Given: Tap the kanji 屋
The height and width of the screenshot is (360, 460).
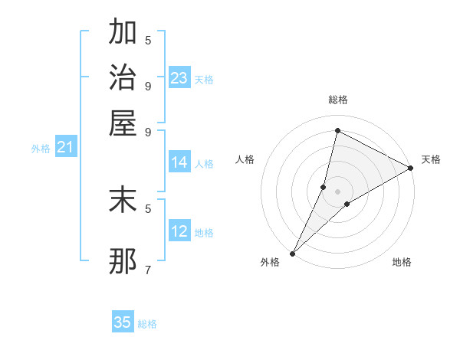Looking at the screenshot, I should pos(123,123).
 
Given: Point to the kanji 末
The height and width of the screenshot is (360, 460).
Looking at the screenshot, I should pos(123,199).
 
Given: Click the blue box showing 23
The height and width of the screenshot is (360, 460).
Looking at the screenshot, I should pos(179,78).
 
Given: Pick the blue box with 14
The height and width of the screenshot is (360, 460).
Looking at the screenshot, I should pos(179,162).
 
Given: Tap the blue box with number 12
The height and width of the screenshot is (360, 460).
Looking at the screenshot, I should pos(179,231).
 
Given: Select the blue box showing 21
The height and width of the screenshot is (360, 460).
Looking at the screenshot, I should pos(64,147).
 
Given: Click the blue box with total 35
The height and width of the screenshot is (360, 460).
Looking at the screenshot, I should pos(123,322).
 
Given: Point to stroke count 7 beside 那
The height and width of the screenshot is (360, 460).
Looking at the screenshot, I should pos(148,270).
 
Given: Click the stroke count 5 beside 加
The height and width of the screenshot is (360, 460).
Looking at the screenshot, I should pos(148,40).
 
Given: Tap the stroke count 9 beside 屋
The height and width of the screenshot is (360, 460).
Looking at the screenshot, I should pos(148,131).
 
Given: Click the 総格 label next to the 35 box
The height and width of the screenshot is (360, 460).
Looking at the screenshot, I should pos(147,324).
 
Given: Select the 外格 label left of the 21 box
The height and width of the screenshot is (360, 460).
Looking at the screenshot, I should pos(40,149).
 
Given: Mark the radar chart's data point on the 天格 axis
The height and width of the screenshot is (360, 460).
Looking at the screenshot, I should pos(410,169).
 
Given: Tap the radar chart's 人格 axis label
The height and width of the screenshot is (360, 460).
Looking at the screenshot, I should pos(245,159).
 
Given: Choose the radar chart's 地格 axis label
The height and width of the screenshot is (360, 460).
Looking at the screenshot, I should pos(402,263).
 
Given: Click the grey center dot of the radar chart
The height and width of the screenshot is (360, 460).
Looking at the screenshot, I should pos(337,191).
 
